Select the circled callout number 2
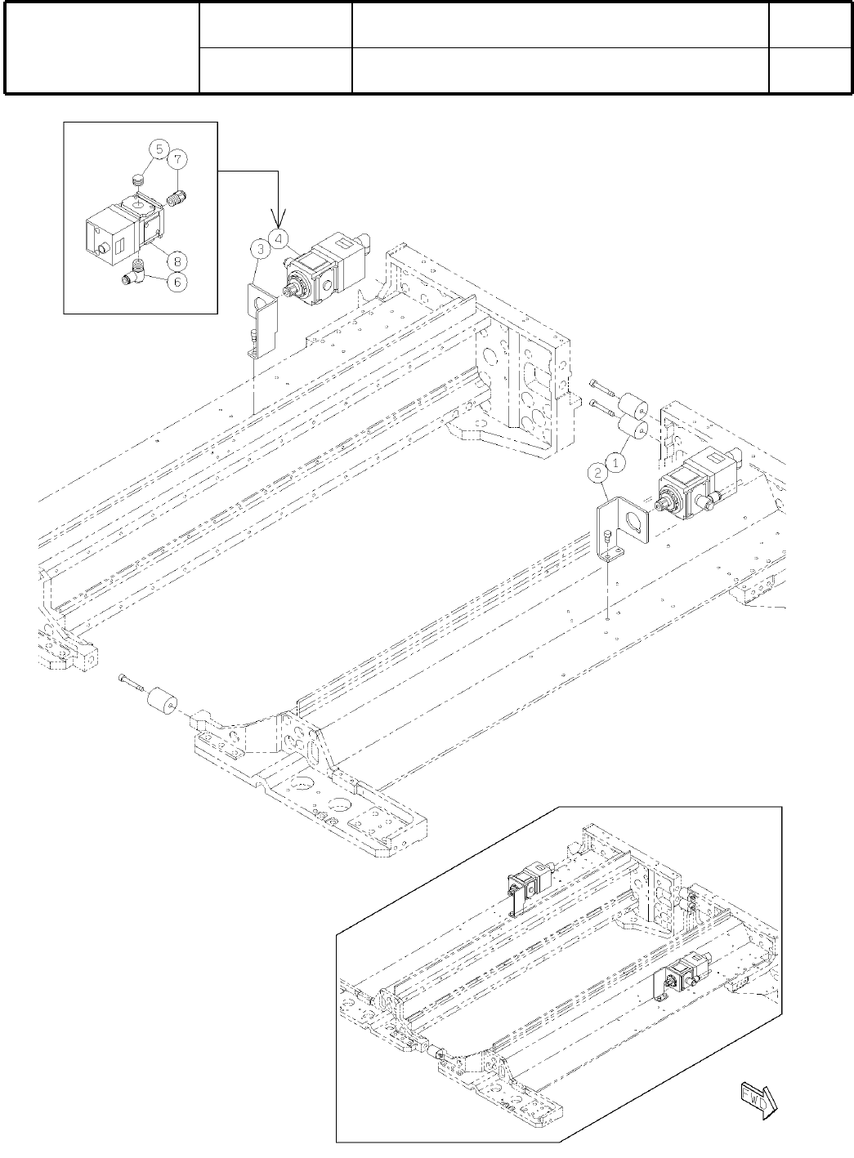tap(599, 471)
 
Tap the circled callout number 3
tap(259, 247)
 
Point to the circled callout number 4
tap(279, 238)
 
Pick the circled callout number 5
tap(158, 149)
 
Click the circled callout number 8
tap(176, 261)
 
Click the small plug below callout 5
tap(138, 178)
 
